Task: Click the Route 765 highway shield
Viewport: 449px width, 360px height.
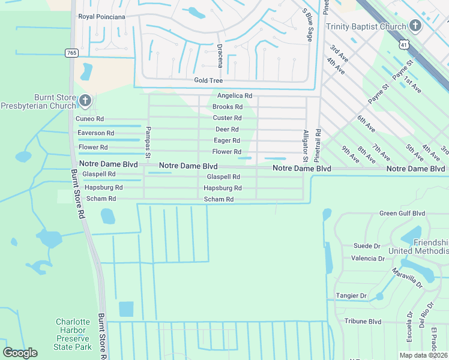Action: [x=72, y=53]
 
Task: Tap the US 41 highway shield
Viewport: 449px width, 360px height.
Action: [x=405, y=44]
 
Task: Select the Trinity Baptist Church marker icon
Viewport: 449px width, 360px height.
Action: [x=415, y=26]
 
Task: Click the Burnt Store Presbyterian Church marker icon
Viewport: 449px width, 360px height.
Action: [x=85, y=100]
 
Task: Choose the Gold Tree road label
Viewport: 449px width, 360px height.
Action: [x=208, y=80]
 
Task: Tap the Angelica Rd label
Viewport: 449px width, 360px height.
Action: [x=234, y=95]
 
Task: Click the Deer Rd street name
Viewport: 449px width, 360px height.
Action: [x=227, y=129]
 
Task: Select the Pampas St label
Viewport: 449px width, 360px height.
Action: [x=148, y=143]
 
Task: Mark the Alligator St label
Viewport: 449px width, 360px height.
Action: [x=306, y=146]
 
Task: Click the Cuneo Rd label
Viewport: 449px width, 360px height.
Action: [x=89, y=119]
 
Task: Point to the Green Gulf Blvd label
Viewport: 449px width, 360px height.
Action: [x=402, y=213]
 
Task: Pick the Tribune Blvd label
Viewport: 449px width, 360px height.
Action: [x=363, y=321]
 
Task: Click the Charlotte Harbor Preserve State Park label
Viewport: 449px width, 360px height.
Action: [x=73, y=334]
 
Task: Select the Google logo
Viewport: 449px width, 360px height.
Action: [x=20, y=353]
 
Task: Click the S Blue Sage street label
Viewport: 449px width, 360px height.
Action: [x=307, y=25]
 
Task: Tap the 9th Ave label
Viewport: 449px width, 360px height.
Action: [x=349, y=154]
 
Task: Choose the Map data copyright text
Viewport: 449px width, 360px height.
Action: [x=423, y=355]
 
